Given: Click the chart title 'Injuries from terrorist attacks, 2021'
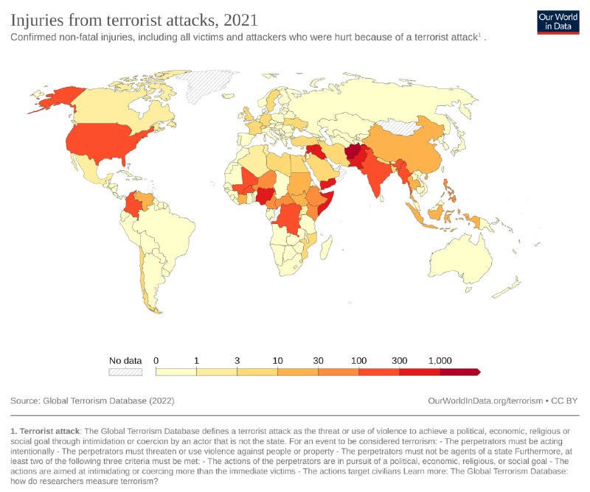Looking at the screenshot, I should pyautogui.click(x=134, y=17).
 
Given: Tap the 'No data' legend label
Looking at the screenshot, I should pyautogui.click(x=125, y=360).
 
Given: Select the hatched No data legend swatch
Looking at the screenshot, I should pyautogui.click(x=125, y=372).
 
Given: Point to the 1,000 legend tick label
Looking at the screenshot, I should pyautogui.click(x=440, y=360).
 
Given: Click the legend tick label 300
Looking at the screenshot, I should pyautogui.click(x=400, y=360).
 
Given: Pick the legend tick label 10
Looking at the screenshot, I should pyautogui.click(x=278, y=360).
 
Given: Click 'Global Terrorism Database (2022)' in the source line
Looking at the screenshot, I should pyautogui.click(x=108, y=401).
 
